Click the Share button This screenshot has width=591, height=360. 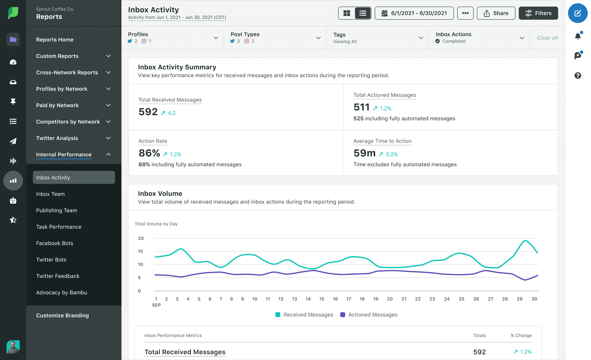tap(496, 13)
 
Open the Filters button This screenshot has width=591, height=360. tap(538, 13)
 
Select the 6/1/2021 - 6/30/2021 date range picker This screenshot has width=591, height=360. tap(414, 13)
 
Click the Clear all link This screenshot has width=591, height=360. tap(547, 38)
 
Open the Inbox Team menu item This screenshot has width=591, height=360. tap(50, 194)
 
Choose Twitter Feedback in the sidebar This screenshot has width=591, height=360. tap(58, 276)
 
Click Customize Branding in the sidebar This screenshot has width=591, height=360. tap(62, 315)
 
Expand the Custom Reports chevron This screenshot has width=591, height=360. tap(108, 56)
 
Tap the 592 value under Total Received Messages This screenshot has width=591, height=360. tap(148, 112)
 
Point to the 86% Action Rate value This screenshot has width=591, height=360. tap(149, 153)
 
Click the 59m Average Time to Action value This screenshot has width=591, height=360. tap(364, 153)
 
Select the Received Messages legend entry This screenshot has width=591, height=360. tap(304, 315)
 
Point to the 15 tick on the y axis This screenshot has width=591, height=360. tap(140, 251)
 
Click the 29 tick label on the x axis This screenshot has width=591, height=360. tap(519, 299)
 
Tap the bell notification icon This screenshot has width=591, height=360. tap(578, 36)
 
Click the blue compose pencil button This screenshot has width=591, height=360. tap(577, 13)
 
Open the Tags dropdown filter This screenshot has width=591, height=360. tap(378, 38)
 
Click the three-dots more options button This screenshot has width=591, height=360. tap(465, 13)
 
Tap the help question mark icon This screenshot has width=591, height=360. tap(578, 76)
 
